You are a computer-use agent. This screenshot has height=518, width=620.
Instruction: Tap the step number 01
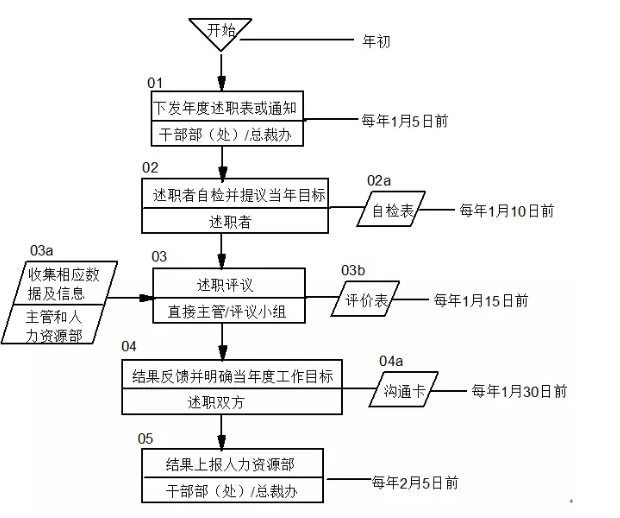point(155,81)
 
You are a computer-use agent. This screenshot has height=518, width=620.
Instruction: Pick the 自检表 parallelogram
point(392,212)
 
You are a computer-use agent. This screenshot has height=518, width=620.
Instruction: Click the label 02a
point(378,180)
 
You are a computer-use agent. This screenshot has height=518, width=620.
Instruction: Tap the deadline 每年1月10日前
point(506,211)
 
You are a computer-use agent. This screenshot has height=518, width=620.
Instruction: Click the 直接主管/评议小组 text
point(224,312)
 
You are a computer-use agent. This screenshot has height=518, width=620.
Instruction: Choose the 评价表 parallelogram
point(366,299)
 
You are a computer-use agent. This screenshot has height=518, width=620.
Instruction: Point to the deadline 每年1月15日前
point(480,299)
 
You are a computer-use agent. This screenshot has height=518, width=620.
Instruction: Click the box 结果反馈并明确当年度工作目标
point(233,376)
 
